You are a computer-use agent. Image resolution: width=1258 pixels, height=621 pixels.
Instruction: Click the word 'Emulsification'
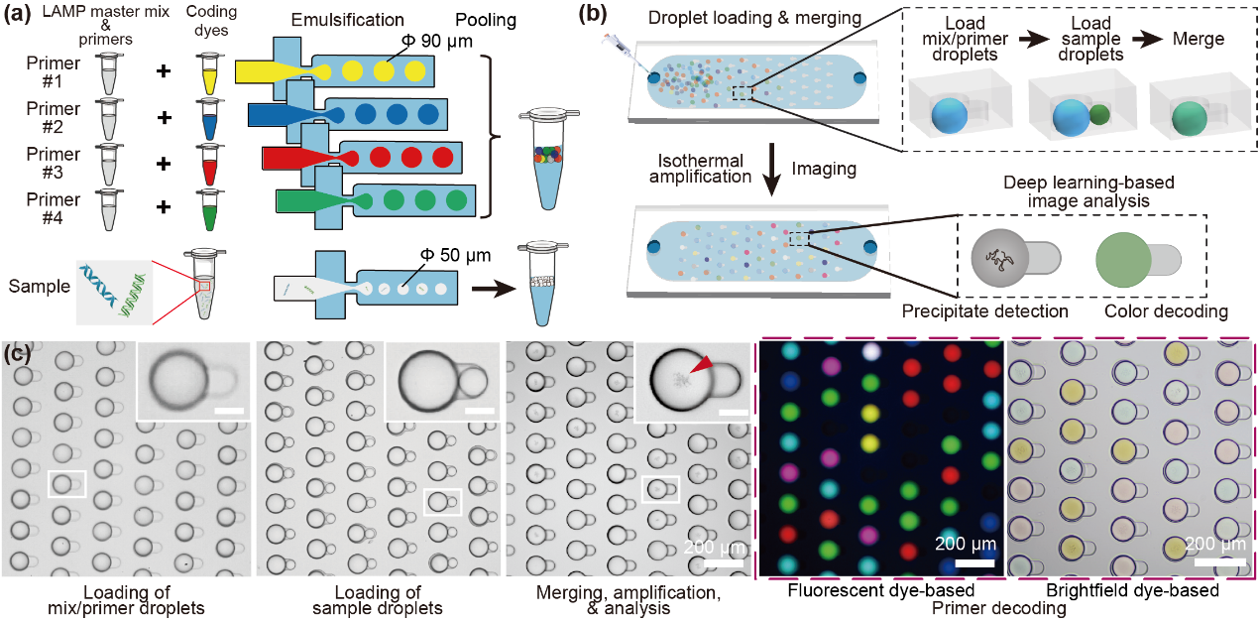[348, 20]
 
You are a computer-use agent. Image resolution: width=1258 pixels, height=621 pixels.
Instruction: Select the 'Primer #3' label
[54, 163]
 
